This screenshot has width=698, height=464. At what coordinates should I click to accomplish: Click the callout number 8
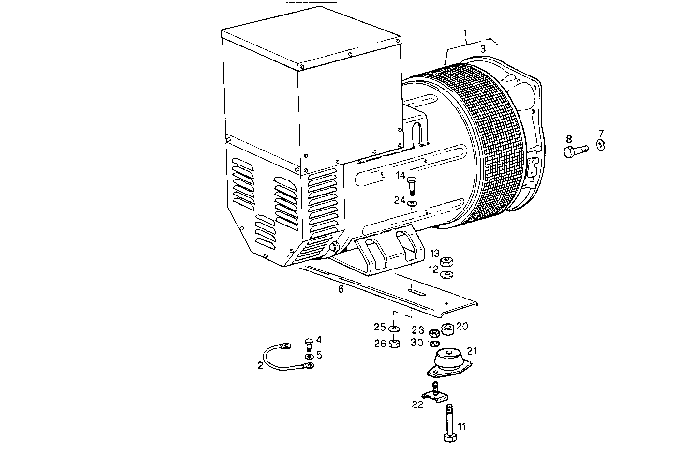coord(569,138)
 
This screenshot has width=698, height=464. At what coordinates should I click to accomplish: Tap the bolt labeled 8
coord(574,151)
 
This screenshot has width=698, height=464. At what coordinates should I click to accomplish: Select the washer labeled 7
coord(601,144)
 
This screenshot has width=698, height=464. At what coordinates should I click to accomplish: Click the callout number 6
coord(341,289)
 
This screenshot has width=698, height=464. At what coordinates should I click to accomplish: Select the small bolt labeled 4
coord(309,344)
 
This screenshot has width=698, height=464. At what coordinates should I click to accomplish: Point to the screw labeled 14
coord(412,185)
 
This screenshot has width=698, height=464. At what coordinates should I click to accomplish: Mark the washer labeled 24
coord(412,202)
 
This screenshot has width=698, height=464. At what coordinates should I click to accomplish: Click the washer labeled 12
coord(446,276)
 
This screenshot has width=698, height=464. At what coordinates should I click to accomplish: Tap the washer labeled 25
coord(394,329)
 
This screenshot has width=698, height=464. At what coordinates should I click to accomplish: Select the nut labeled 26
coord(394,344)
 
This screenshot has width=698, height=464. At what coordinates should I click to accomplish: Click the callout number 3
coord(482,49)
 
